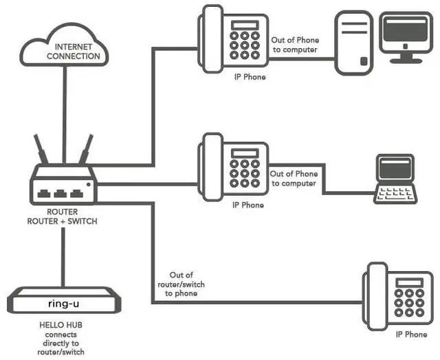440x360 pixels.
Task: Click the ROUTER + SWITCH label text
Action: pyautogui.click(x=62, y=221)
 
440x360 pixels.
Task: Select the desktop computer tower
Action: pyautogui.click(x=353, y=43)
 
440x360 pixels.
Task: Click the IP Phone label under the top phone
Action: pyautogui.click(x=249, y=77)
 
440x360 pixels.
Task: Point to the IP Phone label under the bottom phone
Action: pyautogui.click(x=411, y=335)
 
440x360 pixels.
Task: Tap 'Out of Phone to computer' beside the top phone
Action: pyautogui.click(x=295, y=45)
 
